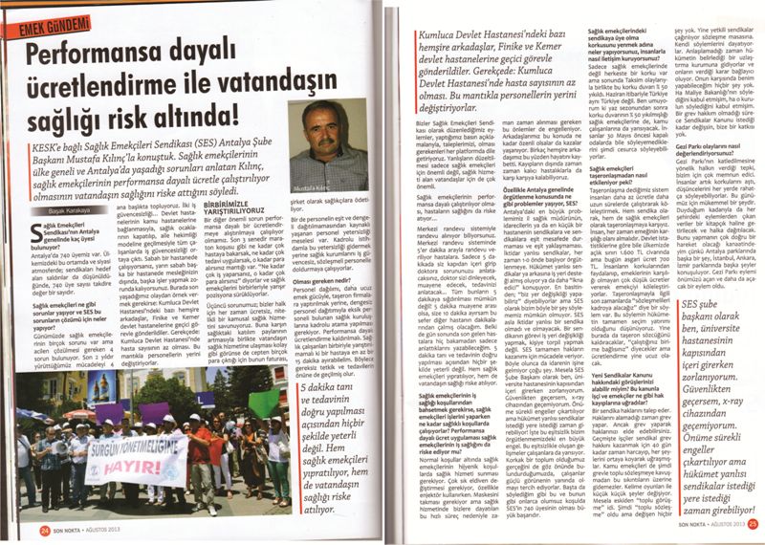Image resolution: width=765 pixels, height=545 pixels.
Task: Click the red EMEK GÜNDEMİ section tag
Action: click(48, 24)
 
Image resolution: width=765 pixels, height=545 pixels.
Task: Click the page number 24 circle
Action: click(44, 525)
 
